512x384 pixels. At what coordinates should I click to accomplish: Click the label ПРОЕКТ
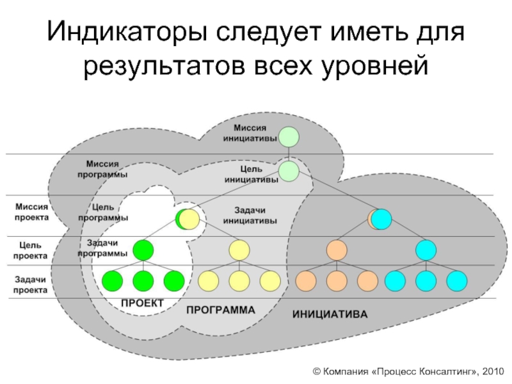143,302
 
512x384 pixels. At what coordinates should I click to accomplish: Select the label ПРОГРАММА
220,309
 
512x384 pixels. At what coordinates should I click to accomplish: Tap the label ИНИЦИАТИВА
330,315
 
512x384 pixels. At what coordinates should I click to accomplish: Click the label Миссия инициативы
250,133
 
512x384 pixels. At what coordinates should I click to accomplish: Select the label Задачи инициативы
250,215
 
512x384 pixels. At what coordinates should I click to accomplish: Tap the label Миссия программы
106,169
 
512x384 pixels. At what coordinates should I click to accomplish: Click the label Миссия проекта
31,212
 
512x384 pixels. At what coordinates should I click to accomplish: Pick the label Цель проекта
33,250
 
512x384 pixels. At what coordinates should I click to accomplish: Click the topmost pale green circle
289,137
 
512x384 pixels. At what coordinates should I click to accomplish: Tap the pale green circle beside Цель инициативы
289,171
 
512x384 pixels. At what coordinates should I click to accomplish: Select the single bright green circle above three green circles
143,249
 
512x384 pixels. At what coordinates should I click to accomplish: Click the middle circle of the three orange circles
337,280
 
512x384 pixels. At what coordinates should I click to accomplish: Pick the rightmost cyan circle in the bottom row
457,280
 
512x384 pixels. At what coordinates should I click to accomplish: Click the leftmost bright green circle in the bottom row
112,280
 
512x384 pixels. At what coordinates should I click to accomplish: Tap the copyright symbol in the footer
316,371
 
